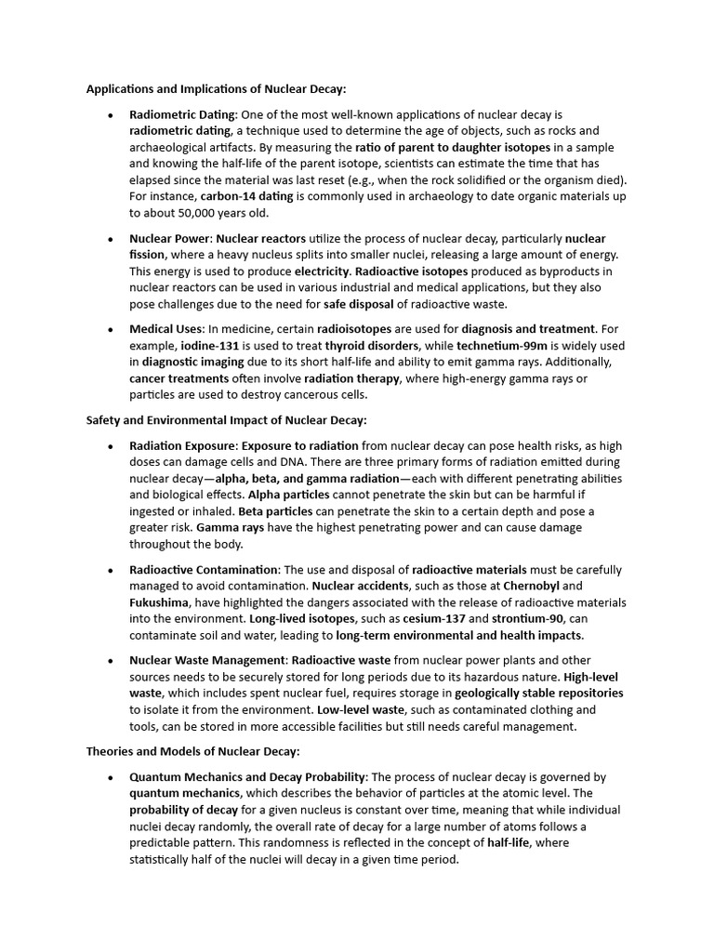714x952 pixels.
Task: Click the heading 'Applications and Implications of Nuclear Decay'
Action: [216, 89]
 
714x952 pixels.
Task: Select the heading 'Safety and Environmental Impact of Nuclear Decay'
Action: [226, 420]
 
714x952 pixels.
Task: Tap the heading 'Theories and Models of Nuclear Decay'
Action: [192, 751]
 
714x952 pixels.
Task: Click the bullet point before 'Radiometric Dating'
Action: [111, 114]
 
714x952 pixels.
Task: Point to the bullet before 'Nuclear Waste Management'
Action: [111, 660]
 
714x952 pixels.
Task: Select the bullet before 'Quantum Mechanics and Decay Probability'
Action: [111, 776]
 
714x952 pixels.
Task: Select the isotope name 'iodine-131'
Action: [210, 346]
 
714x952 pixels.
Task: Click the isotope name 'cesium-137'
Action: [431, 619]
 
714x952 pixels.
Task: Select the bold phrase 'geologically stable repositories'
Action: [539, 694]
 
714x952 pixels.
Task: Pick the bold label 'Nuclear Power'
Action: [169, 239]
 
